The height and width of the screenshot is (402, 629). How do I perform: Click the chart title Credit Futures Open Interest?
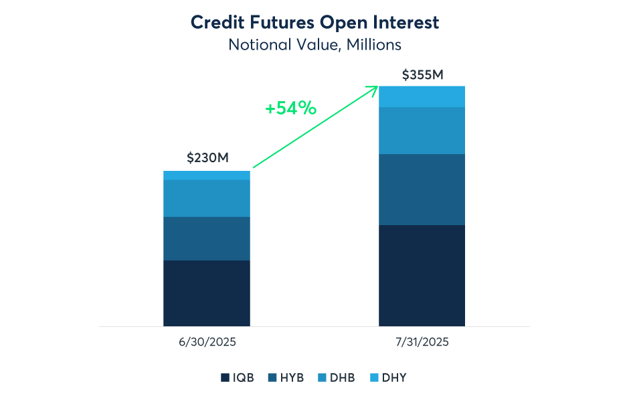314,22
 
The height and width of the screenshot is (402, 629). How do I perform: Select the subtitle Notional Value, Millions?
314,45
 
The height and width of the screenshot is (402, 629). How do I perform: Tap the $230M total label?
207,158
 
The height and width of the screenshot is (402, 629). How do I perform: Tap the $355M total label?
422,74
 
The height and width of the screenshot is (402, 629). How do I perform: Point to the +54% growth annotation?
290,108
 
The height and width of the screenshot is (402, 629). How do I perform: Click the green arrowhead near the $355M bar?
375,88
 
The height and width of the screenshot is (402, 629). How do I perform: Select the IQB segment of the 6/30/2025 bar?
207,293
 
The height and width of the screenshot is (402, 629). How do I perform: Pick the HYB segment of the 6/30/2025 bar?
207,239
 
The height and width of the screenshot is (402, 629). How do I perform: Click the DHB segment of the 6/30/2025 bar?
207,198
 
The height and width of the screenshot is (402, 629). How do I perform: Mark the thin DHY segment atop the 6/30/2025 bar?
207,176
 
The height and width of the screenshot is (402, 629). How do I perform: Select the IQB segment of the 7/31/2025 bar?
422,275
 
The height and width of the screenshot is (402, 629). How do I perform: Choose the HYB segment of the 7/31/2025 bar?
422,190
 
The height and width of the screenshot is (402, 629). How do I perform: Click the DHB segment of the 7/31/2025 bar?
422,131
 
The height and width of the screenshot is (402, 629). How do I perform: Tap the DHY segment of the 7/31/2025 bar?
422,96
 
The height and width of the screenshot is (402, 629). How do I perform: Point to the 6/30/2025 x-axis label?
207,342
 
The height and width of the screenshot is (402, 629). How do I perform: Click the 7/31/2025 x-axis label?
422,342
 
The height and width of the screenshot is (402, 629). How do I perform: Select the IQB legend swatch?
226,378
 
